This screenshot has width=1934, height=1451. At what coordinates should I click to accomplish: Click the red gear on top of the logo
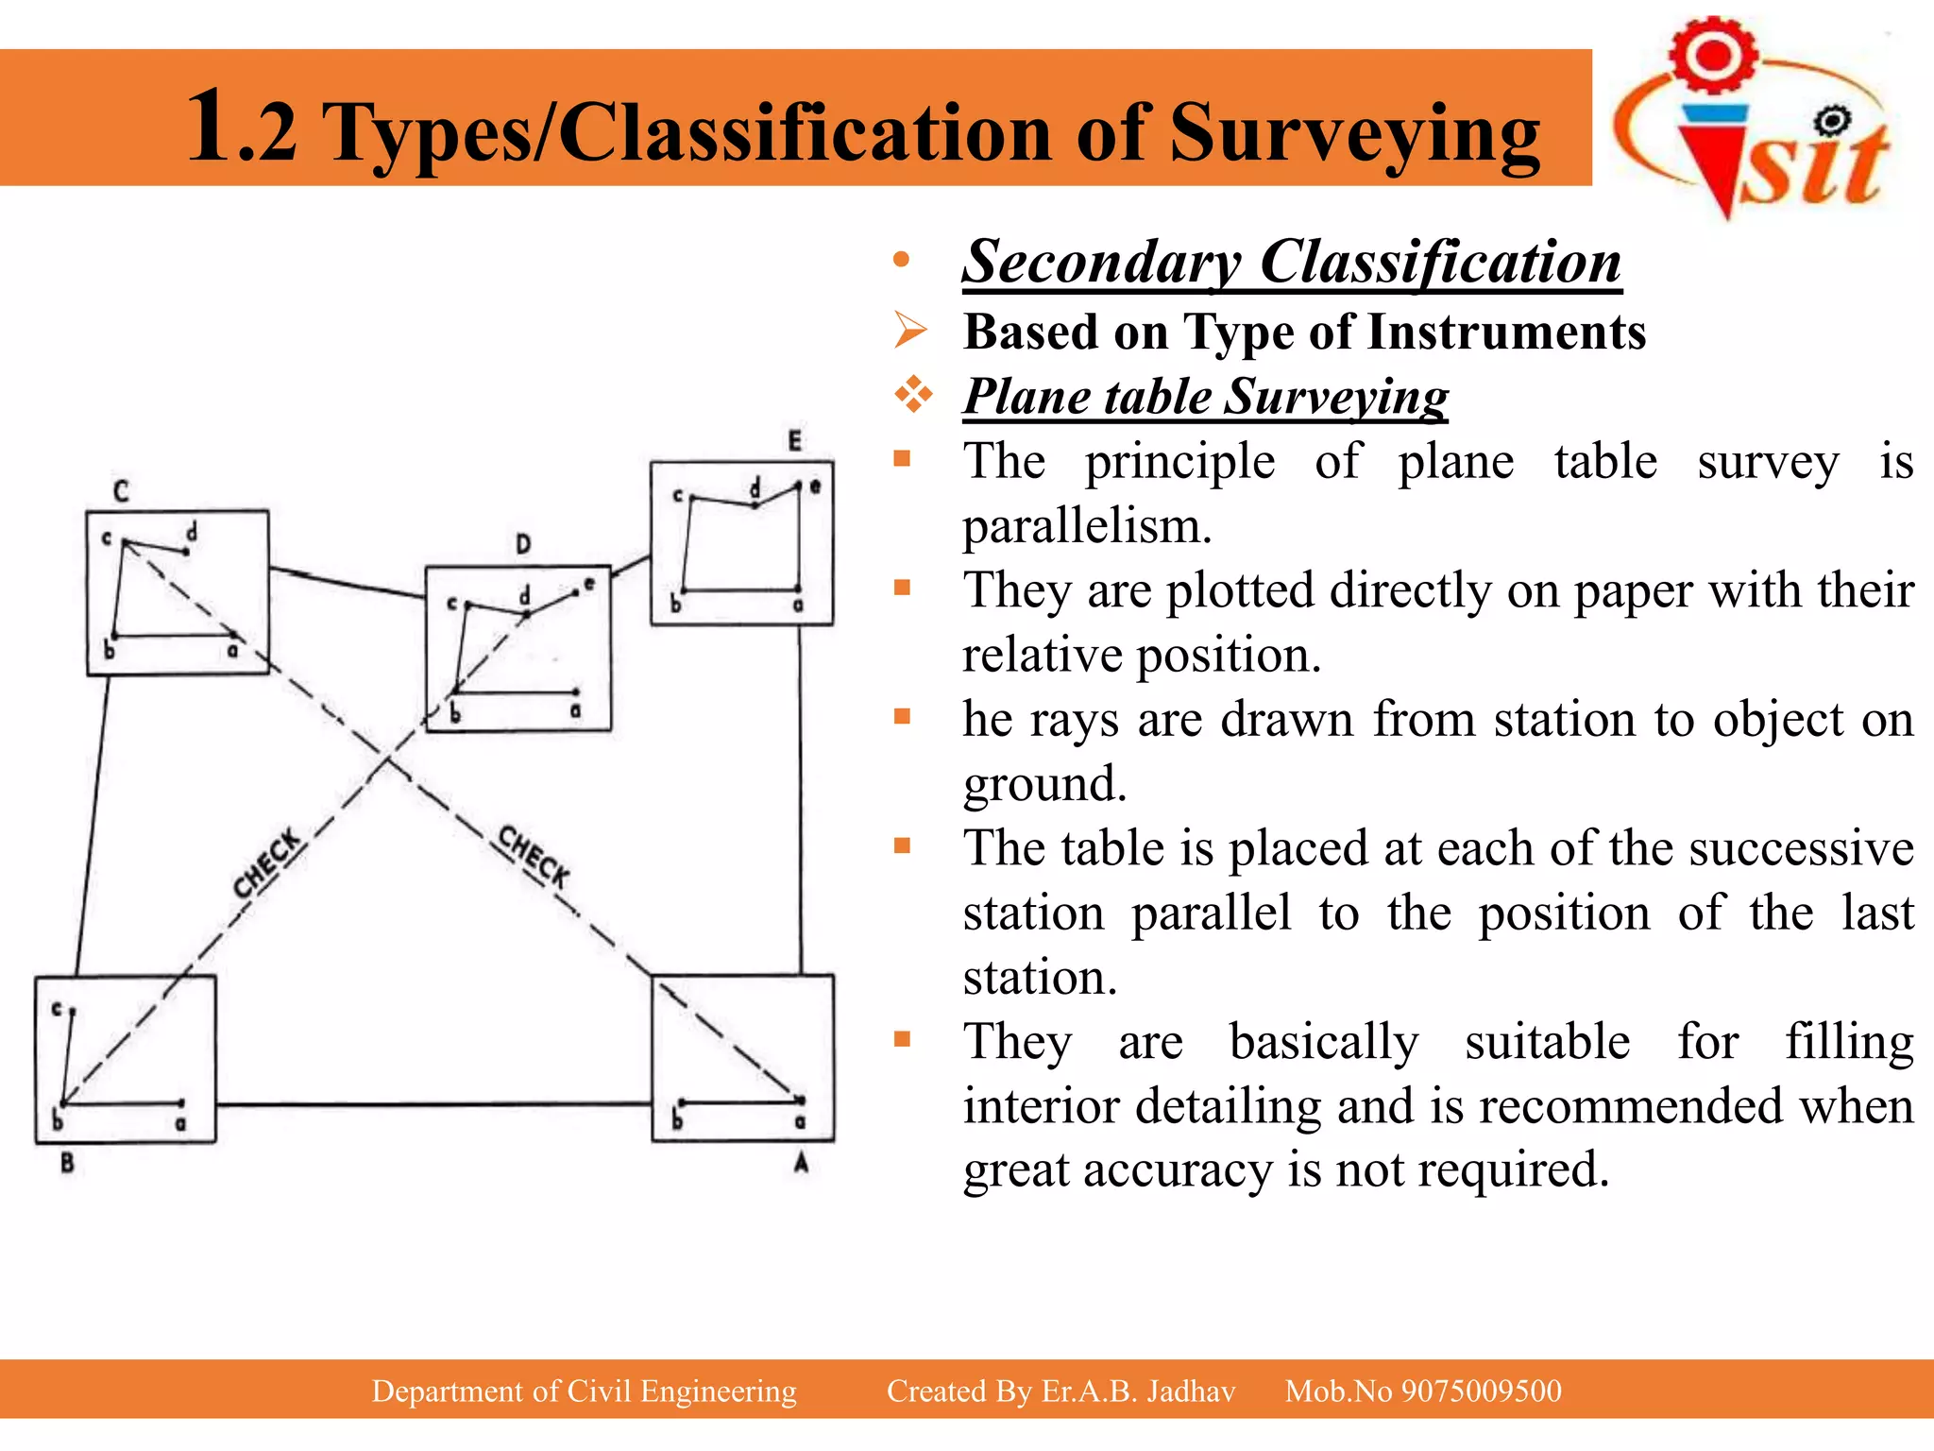[1713, 55]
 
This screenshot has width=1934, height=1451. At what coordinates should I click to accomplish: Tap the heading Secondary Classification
[1291, 262]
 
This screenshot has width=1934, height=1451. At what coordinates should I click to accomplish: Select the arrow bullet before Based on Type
[911, 331]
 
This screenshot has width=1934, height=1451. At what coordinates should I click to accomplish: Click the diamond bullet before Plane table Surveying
[913, 394]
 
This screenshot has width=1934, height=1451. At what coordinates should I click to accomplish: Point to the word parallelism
[1086, 526]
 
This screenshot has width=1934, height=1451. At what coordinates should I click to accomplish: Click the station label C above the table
[121, 491]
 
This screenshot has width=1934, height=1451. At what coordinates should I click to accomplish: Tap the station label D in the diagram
[523, 543]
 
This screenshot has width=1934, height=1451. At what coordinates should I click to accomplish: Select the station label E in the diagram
[794, 441]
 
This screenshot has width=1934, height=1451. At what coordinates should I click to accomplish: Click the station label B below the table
[67, 1163]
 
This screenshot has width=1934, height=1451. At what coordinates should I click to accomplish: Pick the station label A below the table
[801, 1163]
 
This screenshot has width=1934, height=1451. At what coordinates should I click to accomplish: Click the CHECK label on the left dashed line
[268, 864]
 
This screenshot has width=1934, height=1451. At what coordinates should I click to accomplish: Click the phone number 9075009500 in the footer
[1481, 1391]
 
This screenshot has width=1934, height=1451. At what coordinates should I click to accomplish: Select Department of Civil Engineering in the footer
[584, 1391]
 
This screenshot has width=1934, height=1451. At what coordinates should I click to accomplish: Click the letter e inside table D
[589, 584]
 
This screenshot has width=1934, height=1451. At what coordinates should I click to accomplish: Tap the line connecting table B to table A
[434, 1103]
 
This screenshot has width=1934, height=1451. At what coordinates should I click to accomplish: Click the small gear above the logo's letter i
[1832, 120]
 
